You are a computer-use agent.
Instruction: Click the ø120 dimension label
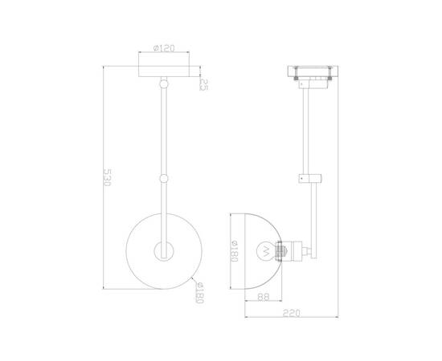pos(164,48)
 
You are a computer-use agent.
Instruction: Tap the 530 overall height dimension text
pos(108,177)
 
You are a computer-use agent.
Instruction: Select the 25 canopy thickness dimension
pos(203,85)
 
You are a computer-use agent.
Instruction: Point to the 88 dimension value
pos(264,297)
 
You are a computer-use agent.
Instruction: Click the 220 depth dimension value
pos(292,313)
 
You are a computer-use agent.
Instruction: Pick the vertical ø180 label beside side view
pos(235,251)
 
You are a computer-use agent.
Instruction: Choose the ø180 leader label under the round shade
pos(199,293)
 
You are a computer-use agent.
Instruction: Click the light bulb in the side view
pos(266,251)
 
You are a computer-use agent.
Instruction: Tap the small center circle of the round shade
pos(164,251)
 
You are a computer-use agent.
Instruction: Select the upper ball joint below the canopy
pos(164,83)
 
